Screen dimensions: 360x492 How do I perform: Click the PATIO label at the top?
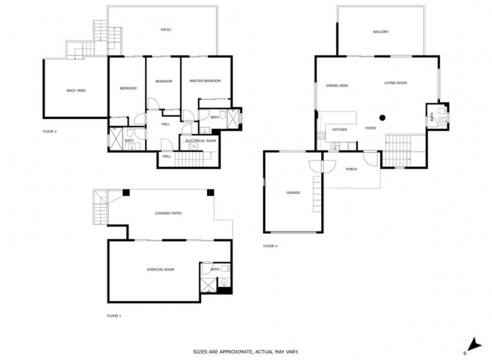[x=166, y=30]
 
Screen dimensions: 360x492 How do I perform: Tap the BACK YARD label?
[x=76, y=90]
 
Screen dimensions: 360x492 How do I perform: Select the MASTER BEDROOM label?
[x=205, y=81]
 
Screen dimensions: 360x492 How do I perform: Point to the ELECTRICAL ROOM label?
[x=201, y=140]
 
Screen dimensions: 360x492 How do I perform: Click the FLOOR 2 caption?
[x=49, y=131]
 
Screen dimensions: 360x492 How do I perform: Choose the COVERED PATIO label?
[x=168, y=213]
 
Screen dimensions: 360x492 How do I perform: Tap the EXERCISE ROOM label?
[x=160, y=270]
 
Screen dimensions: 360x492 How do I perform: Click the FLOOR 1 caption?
[x=114, y=315]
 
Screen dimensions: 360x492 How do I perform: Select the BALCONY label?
[x=381, y=32]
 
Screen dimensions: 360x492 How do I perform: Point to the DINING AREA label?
[x=337, y=85]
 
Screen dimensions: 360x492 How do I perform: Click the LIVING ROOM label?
[x=395, y=83]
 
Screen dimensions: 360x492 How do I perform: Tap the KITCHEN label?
[x=340, y=130]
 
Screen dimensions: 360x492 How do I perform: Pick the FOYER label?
[x=371, y=129]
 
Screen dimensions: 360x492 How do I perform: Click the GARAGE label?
[x=293, y=193]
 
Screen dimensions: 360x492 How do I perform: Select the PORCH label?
[x=352, y=169]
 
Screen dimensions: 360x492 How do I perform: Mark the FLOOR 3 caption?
[x=270, y=246]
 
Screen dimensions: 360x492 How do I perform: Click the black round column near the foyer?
[x=383, y=118]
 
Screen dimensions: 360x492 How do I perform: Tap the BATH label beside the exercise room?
[x=215, y=270]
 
